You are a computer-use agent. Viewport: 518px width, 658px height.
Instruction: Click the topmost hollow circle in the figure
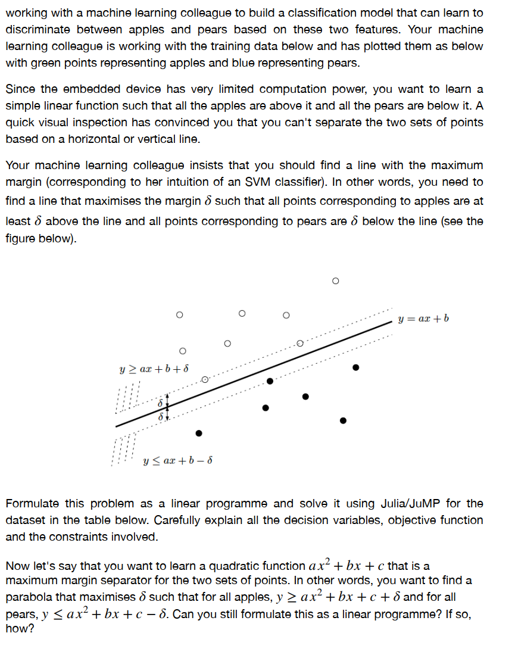pyautogui.click(x=335, y=280)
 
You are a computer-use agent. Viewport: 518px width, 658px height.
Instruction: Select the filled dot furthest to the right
pyautogui.click(x=356, y=367)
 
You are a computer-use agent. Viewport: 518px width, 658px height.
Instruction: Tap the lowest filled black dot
pyautogui.click(x=199, y=433)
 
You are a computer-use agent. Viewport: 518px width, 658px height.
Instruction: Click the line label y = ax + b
pyautogui.click(x=423, y=319)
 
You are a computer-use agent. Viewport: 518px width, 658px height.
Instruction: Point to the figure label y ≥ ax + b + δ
pyautogui.click(x=155, y=368)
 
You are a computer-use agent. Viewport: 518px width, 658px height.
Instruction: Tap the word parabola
pyautogui.click(x=31, y=597)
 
